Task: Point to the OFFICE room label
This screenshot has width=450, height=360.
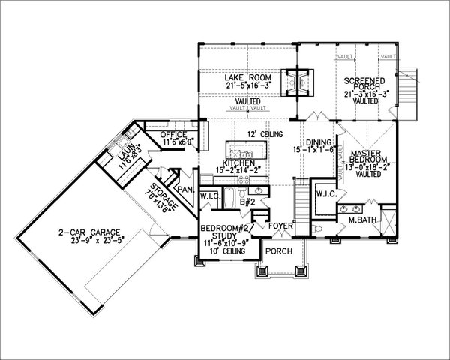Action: [173, 134]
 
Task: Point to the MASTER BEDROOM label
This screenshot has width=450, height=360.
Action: [368, 157]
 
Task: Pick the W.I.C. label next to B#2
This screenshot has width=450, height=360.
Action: [209, 198]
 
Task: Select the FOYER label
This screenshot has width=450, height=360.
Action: [281, 223]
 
